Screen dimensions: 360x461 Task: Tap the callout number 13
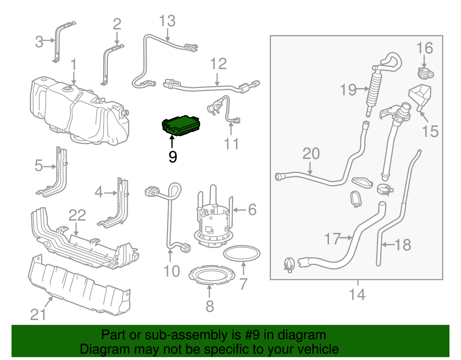(x=167, y=21)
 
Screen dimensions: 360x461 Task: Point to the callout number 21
(x=38, y=314)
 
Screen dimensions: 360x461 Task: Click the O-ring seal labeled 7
(x=242, y=253)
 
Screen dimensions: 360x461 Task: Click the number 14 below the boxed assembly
(x=357, y=295)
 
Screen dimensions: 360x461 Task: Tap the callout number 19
(x=348, y=90)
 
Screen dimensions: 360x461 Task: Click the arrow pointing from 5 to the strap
(x=50, y=167)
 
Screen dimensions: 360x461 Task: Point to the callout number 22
(x=77, y=215)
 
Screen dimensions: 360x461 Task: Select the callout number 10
(x=171, y=271)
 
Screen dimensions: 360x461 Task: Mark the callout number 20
(x=311, y=153)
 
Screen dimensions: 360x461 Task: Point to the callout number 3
(x=39, y=42)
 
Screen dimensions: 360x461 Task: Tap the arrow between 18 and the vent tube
(x=388, y=245)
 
